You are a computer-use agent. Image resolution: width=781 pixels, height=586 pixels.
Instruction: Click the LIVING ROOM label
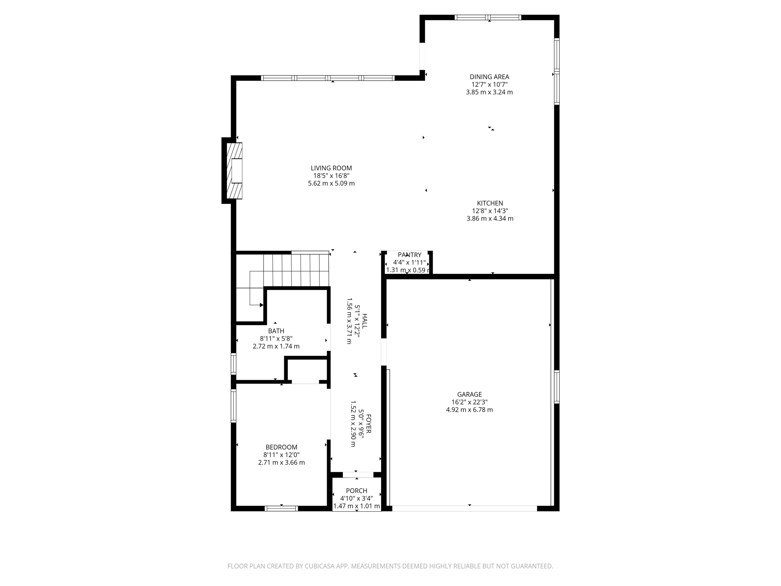pyautogui.click(x=331, y=168)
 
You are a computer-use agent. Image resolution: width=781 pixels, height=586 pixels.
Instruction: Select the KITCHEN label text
pyautogui.click(x=490, y=203)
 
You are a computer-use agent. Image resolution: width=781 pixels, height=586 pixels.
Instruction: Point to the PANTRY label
pyautogui.click(x=409, y=255)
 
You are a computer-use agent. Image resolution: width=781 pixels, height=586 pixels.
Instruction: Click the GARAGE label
pyautogui.click(x=469, y=394)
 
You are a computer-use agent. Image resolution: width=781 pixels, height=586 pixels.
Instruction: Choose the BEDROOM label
pyautogui.click(x=281, y=447)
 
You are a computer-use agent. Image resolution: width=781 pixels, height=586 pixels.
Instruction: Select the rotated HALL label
pyautogui.click(x=364, y=321)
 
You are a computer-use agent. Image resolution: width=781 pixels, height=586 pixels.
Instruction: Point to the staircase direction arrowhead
pyautogui.click(x=262, y=305)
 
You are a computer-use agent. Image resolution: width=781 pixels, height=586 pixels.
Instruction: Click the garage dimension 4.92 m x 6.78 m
pyautogui.click(x=469, y=410)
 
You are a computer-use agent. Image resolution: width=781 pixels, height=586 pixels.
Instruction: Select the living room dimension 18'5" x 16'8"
pyautogui.click(x=331, y=176)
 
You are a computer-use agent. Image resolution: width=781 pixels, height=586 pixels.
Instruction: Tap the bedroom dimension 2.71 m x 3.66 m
pyautogui.click(x=281, y=462)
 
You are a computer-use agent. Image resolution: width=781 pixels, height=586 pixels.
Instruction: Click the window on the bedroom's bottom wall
pyautogui.click(x=281, y=509)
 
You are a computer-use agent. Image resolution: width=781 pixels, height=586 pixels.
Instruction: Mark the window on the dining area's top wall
pyautogui.click(x=488, y=17)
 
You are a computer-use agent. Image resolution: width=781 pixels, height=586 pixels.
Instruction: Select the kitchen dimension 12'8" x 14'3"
pyautogui.click(x=490, y=211)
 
